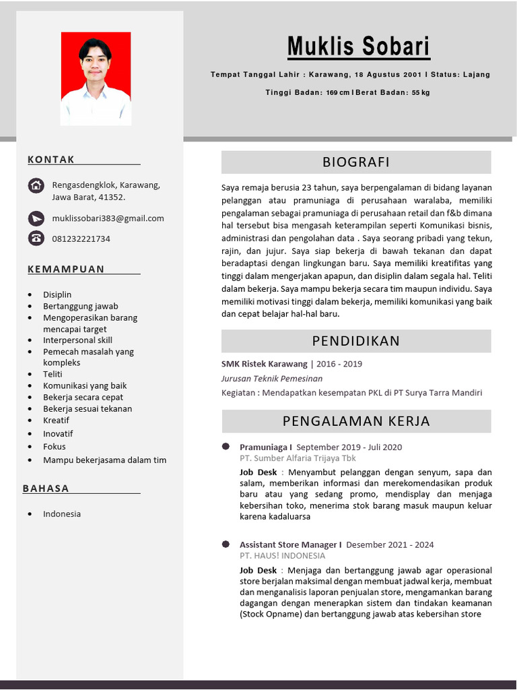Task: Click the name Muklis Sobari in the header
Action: [x=358, y=47]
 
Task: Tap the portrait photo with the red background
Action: [x=96, y=78]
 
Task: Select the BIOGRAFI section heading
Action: [x=355, y=162]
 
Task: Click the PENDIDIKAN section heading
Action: [x=355, y=341]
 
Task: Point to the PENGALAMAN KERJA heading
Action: [x=355, y=422]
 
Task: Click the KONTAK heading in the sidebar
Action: [x=51, y=160]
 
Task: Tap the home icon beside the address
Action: [x=36, y=185]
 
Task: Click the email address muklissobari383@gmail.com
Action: [x=108, y=218]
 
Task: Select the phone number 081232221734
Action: [x=81, y=239]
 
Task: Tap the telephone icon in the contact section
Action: [x=36, y=238]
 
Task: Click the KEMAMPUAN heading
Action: [x=66, y=270]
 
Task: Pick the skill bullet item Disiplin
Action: [x=57, y=294]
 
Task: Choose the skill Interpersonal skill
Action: [x=77, y=340]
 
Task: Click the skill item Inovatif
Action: [x=58, y=433]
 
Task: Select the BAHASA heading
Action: [x=46, y=489]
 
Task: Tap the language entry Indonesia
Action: [x=62, y=513]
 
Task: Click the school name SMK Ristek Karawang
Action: [x=264, y=364]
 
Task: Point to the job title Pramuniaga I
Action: [x=265, y=447]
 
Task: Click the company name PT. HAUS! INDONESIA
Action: [x=282, y=556]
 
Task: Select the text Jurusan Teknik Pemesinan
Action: [x=272, y=379]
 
